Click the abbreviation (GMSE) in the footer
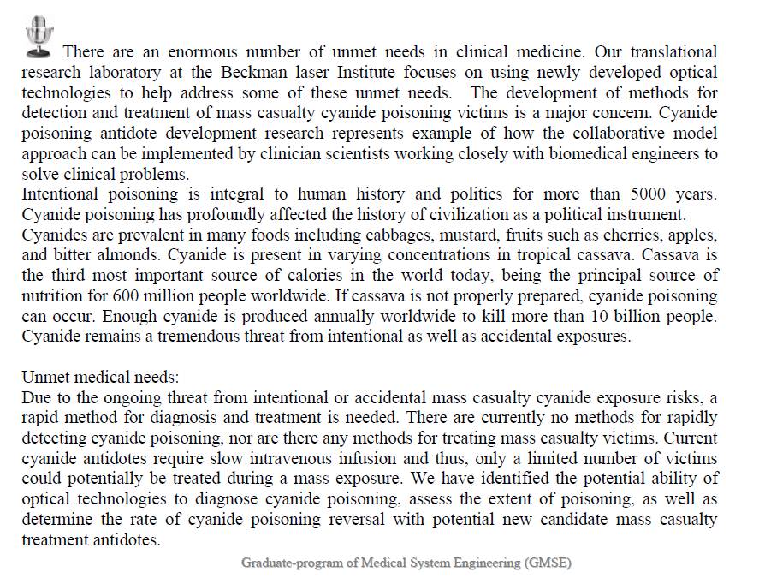coord(547,563)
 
